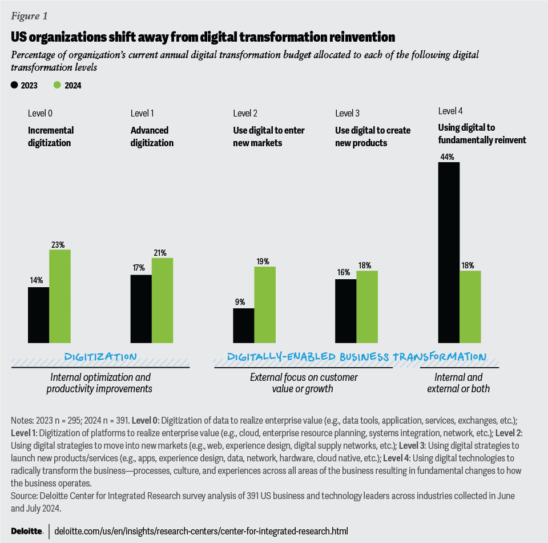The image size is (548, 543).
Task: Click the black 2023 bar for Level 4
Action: [448, 252]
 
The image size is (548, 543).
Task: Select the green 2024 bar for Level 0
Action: [60, 296]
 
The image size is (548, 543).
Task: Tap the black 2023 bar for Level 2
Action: [244, 325]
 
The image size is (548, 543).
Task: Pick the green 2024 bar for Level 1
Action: [163, 300]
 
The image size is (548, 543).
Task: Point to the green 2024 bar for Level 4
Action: [470, 307]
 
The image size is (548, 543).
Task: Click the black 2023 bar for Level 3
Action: [346, 311]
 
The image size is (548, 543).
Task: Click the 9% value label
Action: [240, 302]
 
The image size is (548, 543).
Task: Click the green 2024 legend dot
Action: [57, 85]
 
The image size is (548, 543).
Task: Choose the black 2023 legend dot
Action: [14, 85]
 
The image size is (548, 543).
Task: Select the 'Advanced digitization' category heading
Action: [152, 136]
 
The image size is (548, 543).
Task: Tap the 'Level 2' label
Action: [245, 114]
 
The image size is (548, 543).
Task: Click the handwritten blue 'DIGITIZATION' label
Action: [100, 357]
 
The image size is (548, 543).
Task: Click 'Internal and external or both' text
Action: [458, 383]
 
